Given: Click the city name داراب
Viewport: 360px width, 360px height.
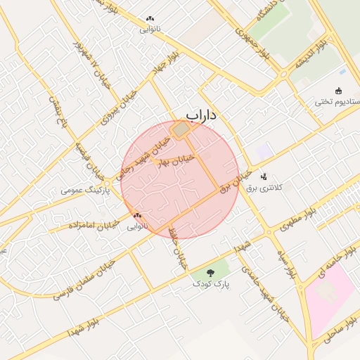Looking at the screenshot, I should point(202,114).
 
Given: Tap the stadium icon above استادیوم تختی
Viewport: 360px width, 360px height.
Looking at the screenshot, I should point(339,91).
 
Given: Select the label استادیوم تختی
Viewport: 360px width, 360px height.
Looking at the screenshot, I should point(337,103).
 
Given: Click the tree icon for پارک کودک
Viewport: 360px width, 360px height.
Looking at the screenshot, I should point(211,273).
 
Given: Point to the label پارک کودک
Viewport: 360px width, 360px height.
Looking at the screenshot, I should point(211,283).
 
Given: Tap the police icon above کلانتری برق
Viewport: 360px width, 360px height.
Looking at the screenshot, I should point(263,176).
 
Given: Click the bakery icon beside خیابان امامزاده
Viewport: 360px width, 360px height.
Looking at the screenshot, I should point(137,216).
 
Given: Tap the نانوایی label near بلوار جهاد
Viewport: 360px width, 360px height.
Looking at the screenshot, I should point(150,30).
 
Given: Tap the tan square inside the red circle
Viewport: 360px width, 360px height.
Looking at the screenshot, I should point(181,130).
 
